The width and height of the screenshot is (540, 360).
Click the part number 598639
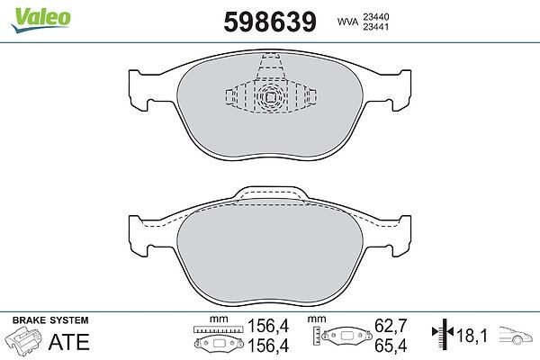(270, 22)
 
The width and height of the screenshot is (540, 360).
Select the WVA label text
(347, 22)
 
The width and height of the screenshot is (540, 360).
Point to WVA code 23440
(375, 16)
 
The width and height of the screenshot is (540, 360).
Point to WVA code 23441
(375, 27)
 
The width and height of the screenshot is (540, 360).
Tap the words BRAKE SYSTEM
(50, 320)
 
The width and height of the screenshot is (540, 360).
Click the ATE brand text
(69, 342)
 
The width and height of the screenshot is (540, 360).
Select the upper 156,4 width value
(268, 326)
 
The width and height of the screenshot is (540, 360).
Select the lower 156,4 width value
(268, 346)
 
